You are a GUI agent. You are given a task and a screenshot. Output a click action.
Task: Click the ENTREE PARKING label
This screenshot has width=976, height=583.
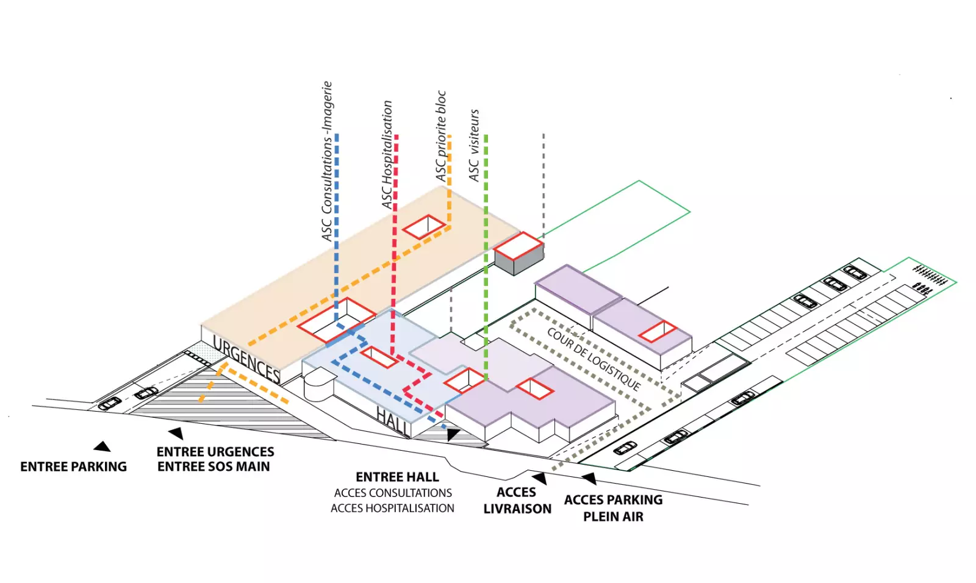tap(73, 467)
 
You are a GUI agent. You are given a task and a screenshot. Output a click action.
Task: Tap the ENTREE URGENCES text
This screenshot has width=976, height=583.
tap(215, 452)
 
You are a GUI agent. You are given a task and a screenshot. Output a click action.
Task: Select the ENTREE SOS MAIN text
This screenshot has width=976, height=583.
tap(213, 467)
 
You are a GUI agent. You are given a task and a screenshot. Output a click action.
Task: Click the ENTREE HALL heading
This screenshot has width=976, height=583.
tap(397, 477)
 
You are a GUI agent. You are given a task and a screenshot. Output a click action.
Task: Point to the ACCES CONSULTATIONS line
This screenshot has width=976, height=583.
tap(393, 493)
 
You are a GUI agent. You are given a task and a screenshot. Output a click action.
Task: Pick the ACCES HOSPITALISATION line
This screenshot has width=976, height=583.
tap(392, 508)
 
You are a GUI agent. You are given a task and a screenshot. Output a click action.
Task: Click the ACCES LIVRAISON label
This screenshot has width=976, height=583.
tap(517, 501)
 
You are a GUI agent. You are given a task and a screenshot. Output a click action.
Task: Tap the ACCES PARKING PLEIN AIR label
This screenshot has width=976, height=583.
tap(613, 508)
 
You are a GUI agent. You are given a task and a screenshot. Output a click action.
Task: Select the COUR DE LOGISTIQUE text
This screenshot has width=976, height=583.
tap(594, 359)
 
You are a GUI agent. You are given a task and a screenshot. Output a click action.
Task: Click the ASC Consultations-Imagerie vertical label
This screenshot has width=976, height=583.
tap(328, 161)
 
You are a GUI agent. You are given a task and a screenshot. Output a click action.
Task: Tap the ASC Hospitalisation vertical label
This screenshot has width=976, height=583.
tap(387, 155)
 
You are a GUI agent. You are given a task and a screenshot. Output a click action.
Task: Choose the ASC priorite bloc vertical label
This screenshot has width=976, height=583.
tap(441, 136)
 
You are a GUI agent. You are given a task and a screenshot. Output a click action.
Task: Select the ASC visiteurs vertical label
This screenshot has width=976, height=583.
tap(474, 145)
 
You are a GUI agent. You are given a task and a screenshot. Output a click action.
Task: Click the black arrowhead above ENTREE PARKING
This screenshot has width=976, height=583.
tap(102, 447)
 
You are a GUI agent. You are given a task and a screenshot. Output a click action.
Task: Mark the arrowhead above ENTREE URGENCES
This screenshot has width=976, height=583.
tap(176, 433)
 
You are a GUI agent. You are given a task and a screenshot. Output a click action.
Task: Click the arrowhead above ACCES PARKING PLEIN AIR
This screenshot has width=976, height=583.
tap(589, 478)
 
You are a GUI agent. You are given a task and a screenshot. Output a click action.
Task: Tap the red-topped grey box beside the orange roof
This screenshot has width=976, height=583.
tap(518, 254)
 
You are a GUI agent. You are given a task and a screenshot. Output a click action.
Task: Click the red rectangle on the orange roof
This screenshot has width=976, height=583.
tap(425, 227)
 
